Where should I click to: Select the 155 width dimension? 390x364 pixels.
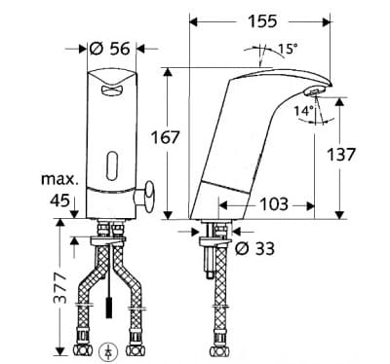click(260, 20)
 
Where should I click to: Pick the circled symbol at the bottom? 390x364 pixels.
click(109, 351)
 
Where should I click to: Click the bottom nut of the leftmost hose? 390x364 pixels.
click(83, 347)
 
